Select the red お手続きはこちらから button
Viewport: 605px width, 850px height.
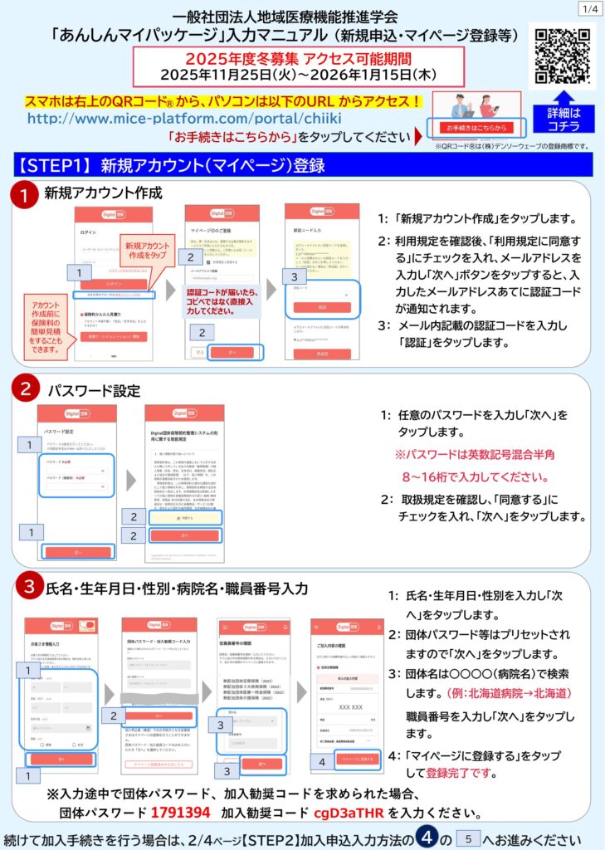click(471, 128)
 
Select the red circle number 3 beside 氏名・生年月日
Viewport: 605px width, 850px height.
click(27, 587)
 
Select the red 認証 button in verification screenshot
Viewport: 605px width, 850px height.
click(322, 306)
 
